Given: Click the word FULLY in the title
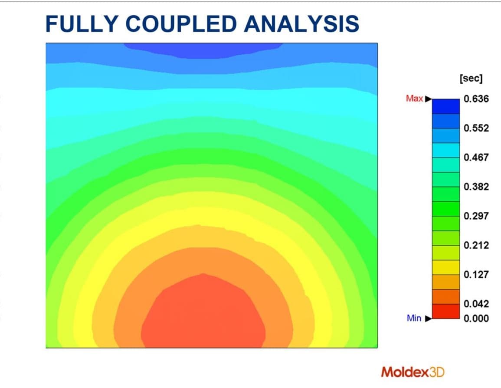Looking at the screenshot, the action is (82, 23).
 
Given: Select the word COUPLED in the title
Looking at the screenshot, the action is (181, 23).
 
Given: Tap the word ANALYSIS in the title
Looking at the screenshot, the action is (301, 23).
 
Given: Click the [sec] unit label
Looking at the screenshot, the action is (471, 78).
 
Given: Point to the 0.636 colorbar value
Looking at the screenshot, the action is (476, 99).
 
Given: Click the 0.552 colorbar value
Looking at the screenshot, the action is (476, 128).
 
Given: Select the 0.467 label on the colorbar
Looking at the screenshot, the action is (476, 157).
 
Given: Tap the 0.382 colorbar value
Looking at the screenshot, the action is (476, 187).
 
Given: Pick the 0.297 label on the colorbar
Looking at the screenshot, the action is (476, 216).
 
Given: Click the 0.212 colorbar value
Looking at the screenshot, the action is (476, 245).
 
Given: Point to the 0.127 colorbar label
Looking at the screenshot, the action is (476, 275).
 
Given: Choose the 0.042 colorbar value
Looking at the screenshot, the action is (476, 304).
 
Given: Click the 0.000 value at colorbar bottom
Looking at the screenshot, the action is (476, 318).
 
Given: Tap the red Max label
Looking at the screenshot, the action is (414, 99).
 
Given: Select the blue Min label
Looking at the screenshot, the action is (414, 318).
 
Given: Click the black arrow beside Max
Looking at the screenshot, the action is (429, 99).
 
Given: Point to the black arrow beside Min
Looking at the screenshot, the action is (429, 318).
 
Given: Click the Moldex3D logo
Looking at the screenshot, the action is (413, 372).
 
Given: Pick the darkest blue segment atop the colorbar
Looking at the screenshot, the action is (446, 106).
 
